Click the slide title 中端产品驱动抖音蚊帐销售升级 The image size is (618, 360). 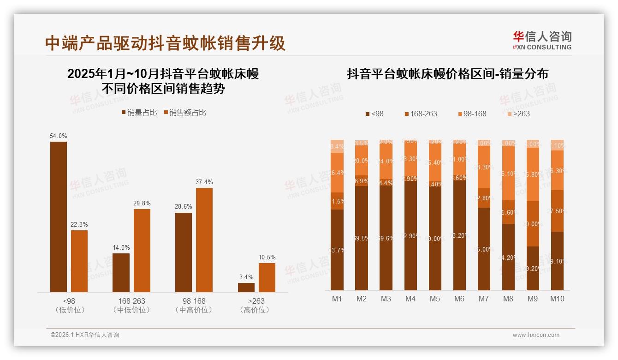[x=165, y=43]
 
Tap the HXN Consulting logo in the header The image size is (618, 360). [x=542, y=41]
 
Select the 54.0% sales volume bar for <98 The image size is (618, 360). [x=59, y=216]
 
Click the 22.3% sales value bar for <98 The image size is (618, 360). [x=79, y=261]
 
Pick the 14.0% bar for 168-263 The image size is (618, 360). [x=121, y=272]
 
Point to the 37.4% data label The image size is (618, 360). [x=204, y=182]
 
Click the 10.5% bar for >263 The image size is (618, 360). [x=267, y=277]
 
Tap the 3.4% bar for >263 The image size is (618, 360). [x=246, y=287]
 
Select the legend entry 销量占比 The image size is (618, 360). [x=139, y=113]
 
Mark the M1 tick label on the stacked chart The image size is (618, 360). [x=337, y=299]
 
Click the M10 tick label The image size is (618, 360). [x=557, y=299]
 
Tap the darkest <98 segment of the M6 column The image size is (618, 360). [x=459, y=235]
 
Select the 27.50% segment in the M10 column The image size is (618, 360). [x=557, y=210]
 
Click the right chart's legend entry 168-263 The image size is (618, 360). [x=420, y=114]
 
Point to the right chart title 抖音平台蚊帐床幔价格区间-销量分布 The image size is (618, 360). [x=447, y=74]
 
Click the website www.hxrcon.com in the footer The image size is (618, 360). [x=536, y=335]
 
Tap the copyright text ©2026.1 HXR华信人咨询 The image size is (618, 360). [x=84, y=335]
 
